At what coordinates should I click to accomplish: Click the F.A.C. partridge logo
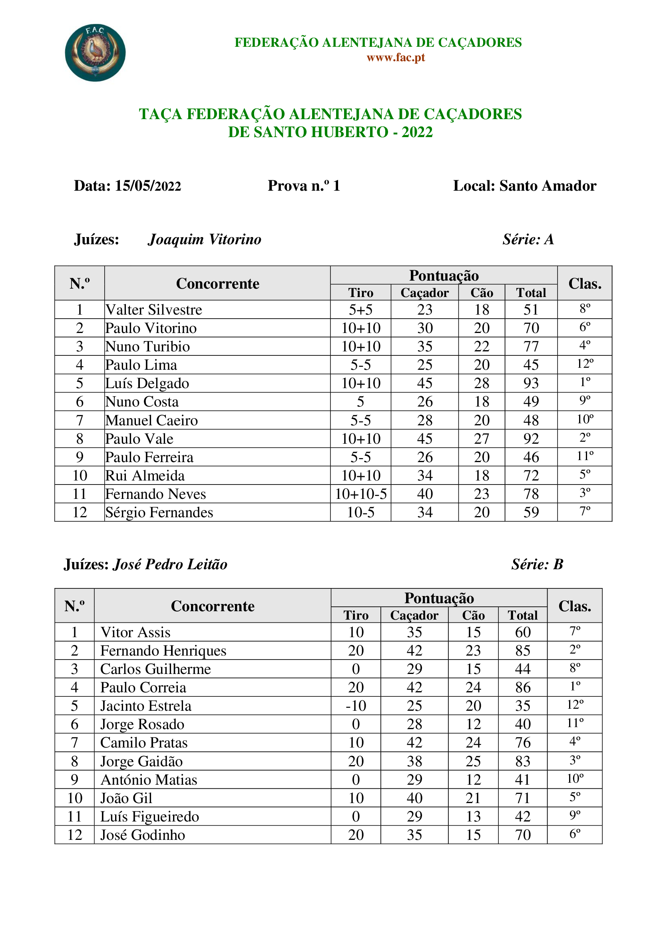click(95, 52)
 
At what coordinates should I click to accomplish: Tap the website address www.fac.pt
click(396, 58)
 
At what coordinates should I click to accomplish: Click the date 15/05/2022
click(148, 186)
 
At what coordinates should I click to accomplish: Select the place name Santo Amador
click(548, 186)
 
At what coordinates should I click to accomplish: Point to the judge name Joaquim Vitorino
click(204, 239)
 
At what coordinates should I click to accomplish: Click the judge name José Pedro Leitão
click(170, 564)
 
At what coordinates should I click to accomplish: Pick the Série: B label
click(537, 564)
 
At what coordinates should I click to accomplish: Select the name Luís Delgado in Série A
click(147, 383)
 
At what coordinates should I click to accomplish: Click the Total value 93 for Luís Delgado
click(531, 383)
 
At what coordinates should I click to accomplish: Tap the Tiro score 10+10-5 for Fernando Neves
click(360, 494)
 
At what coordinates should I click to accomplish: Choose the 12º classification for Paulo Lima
click(585, 364)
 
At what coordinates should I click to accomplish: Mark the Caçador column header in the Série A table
click(424, 293)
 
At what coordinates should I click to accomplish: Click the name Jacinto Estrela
click(146, 706)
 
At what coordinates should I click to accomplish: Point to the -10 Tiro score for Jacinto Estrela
click(356, 706)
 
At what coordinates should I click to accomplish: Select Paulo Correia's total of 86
click(523, 688)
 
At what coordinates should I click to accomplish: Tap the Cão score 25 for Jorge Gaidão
click(473, 761)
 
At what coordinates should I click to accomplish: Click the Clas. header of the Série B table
click(574, 606)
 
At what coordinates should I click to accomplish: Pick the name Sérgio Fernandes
click(159, 512)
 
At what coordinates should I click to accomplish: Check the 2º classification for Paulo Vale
click(585, 438)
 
